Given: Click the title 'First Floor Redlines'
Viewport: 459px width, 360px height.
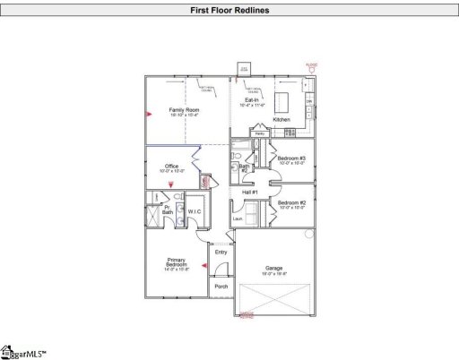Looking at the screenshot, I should click(x=229, y=11).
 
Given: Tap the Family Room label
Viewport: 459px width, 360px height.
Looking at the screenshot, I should click(x=184, y=112).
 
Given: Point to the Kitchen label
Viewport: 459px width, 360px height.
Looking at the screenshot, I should click(x=281, y=118).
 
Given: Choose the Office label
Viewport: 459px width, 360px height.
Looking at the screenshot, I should click(x=171, y=167).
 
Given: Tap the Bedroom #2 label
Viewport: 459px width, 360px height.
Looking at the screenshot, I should click(x=291, y=203).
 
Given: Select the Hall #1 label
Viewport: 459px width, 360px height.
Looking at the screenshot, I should click(x=250, y=193).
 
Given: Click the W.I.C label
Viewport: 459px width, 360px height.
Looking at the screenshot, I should click(x=194, y=210).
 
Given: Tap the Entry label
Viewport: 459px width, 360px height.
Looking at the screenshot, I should click(x=221, y=253).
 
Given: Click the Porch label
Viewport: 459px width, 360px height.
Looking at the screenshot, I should click(x=221, y=287).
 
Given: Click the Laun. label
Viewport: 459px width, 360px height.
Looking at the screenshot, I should click(x=238, y=218).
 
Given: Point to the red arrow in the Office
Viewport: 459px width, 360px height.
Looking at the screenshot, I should click(x=172, y=184).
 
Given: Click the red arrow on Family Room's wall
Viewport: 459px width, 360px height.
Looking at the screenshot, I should click(x=150, y=114).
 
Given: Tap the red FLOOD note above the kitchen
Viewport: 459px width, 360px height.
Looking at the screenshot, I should click(x=311, y=65).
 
